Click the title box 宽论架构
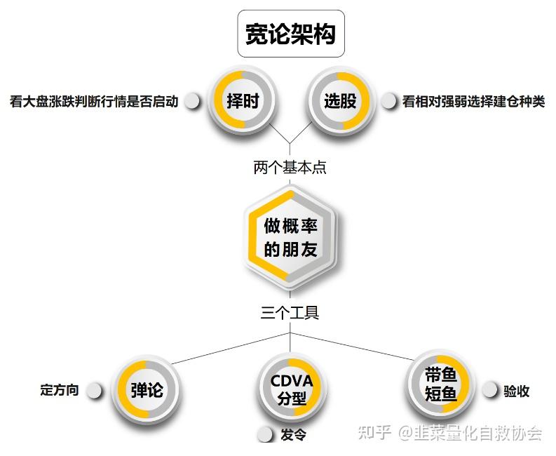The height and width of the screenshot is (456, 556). [291, 34]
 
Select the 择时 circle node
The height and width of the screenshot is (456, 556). [243, 101]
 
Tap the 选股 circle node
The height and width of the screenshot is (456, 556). [340, 101]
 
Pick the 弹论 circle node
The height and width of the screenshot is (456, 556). [147, 389]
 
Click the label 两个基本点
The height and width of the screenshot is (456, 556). [290, 168]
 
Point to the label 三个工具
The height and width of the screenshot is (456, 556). [290, 313]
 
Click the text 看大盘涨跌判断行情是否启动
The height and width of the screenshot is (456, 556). [94, 102]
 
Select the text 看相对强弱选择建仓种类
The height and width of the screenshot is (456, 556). [473, 102]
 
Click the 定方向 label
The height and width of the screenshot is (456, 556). [60, 391]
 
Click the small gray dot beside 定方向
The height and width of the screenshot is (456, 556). [94, 391]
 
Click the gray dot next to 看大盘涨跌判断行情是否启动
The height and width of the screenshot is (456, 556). [191, 102]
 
